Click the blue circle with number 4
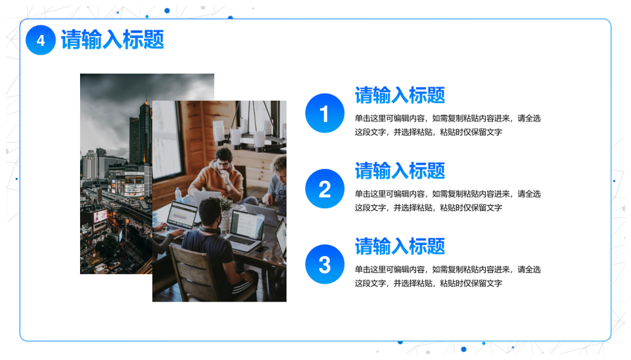pos(41,40)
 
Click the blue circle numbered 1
pos(325,113)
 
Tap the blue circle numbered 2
pos(325,189)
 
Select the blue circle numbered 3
pos(325,264)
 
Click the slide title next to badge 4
pos(112,40)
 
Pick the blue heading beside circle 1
pos(400,95)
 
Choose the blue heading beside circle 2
pos(400,171)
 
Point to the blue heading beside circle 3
pos(400,246)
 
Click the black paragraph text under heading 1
pos(448,125)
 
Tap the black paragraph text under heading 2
pos(448,201)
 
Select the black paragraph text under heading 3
pos(448,277)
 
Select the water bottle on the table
pos(178,194)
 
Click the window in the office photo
pos(166,139)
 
